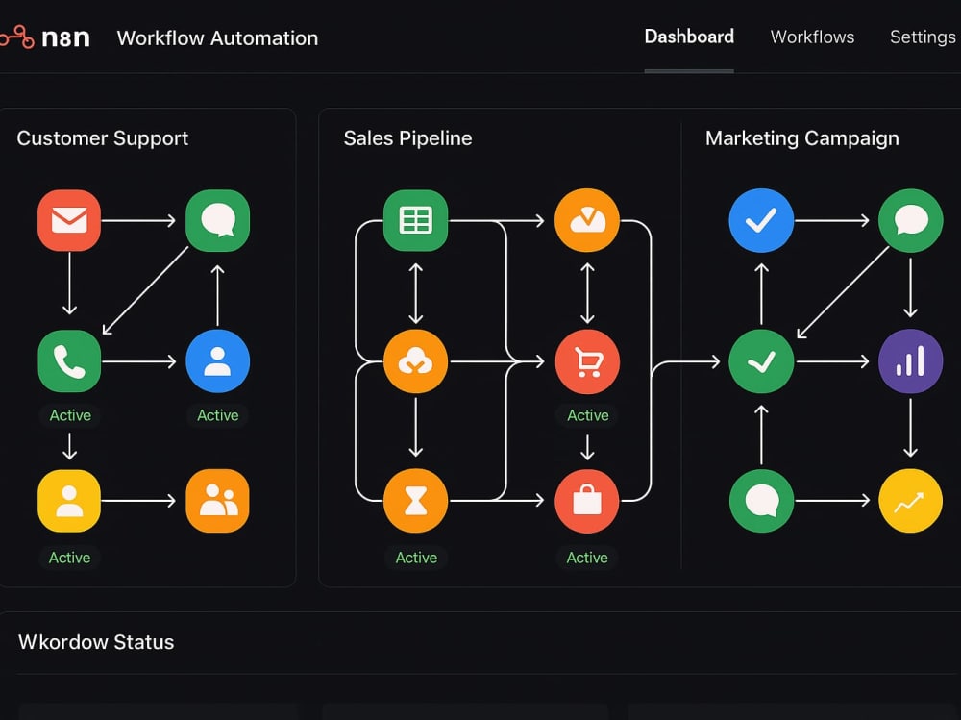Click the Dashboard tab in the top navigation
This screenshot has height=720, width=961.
coord(689,37)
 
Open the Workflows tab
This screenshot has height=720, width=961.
coord(812,37)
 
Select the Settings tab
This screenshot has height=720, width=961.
coord(923,37)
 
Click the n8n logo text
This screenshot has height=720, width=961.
coord(65,38)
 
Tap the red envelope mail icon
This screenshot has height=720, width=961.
coord(69,220)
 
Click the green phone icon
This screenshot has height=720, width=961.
coord(69,361)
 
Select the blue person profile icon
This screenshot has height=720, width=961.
coord(217,361)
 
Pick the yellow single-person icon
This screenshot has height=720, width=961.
coord(69,501)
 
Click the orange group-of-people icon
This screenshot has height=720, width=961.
coord(217,501)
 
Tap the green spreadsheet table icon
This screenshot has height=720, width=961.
coord(415,220)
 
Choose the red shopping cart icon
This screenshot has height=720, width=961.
coord(587,361)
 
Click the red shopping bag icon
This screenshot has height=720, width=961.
coord(587,501)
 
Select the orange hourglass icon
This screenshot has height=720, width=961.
coord(415,501)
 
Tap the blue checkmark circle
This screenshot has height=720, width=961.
coord(761,220)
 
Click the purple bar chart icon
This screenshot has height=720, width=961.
coord(911,361)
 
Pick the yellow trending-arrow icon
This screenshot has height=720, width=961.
coord(911,501)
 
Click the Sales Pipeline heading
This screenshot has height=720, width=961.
coord(407,138)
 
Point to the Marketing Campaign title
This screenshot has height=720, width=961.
coord(802,138)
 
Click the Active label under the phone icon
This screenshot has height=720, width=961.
coord(70,415)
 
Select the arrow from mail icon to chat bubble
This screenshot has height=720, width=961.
coord(138,220)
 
